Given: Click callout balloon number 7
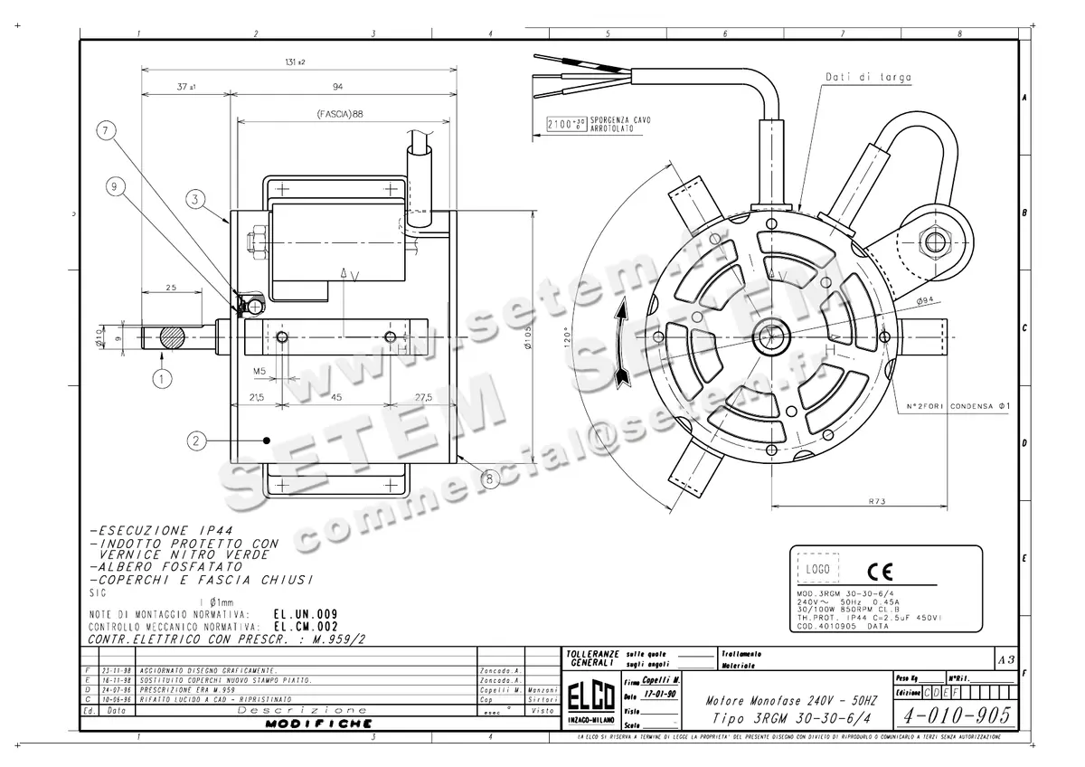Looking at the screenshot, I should [108, 131].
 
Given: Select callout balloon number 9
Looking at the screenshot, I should [114, 187].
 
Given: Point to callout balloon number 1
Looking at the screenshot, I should [162, 379].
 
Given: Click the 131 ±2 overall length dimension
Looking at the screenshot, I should [293, 62].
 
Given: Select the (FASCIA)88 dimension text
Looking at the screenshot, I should [340, 115].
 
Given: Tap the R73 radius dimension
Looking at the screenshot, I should [875, 500].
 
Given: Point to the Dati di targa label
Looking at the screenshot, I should [855, 78].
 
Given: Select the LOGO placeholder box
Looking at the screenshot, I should [817, 570].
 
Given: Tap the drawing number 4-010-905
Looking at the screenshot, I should [957, 715].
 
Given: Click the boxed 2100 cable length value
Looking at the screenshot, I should [565, 125].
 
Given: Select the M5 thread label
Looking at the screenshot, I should [259, 370].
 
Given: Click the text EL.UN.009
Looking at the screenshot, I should [306, 614].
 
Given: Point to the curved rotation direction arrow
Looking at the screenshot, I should [621, 345].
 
